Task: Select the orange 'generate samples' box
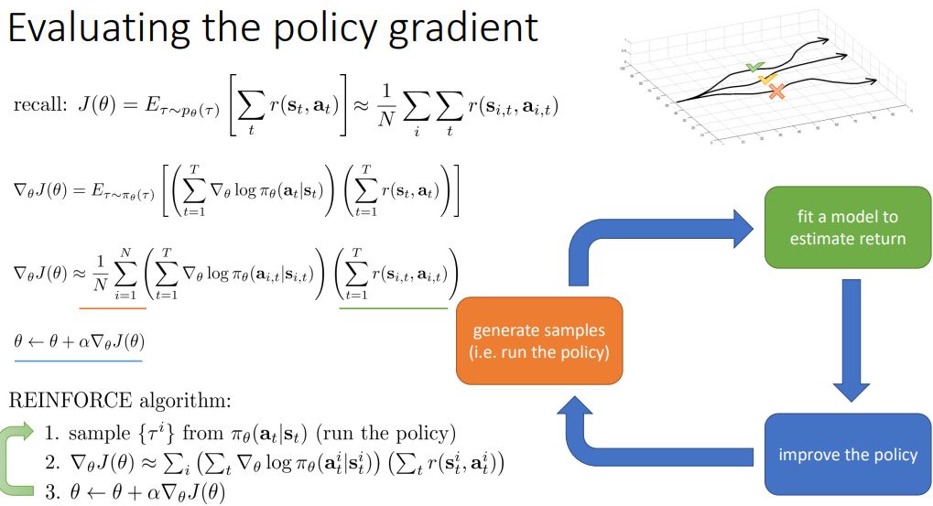tap(538, 340)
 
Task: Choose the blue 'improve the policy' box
tap(848, 454)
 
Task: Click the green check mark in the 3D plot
tap(754, 67)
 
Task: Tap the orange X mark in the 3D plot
tap(777, 91)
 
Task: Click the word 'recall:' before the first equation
tap(38, 106)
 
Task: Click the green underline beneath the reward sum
tap(393, 307)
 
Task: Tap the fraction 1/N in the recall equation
tap(415, 108)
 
